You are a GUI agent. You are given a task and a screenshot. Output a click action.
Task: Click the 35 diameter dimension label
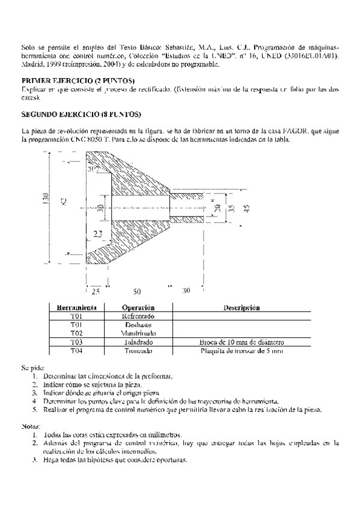pyautogui.click(x=231, y=208)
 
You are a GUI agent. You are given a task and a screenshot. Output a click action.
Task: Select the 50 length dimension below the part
pyautogui.click(x=137, y=291)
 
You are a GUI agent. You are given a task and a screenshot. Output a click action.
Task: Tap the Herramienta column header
pyautogui.click(x=76, y=307)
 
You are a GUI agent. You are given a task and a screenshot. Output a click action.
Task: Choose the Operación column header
pyautogui.click(x=138, y=307)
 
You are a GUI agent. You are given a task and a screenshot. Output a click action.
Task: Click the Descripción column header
pyautogui.click(x=242, y=307)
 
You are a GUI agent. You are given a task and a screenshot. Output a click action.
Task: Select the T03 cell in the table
pyautogui.click(x=76, y=342)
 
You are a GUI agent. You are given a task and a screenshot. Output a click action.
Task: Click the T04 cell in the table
pyautogui.click(x=76, y=350)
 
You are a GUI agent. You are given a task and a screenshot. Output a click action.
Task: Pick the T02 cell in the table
pyautogui.click(x=76, y=333)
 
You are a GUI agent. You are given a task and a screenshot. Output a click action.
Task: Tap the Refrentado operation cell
pyautogui.click(x=138, y=316)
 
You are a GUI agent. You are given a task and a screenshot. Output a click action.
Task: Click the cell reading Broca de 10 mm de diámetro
pyautogui.click(x=242, y=342)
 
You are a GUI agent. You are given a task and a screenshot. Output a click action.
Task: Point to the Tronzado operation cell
pyautogui.click(x=138, y=350)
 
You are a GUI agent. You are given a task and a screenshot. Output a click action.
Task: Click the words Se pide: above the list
pyautogui.click(x=32, y=366)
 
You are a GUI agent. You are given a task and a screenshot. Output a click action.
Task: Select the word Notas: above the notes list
pyautogui.click(x=31, y=425)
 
